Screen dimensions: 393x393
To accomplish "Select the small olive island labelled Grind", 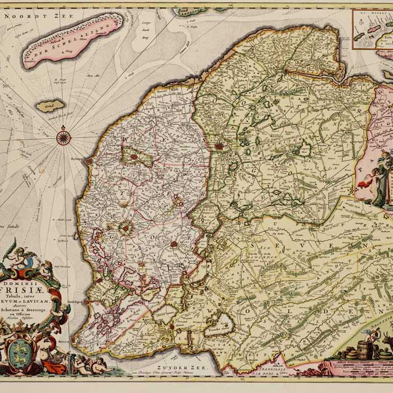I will point(51,106).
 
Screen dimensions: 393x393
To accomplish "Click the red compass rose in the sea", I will point(63,136).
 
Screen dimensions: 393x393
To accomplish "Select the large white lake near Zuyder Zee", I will point(218,325).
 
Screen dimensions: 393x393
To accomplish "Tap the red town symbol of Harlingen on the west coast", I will point(88,162).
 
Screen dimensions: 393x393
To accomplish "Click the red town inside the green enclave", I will point(134,157).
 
